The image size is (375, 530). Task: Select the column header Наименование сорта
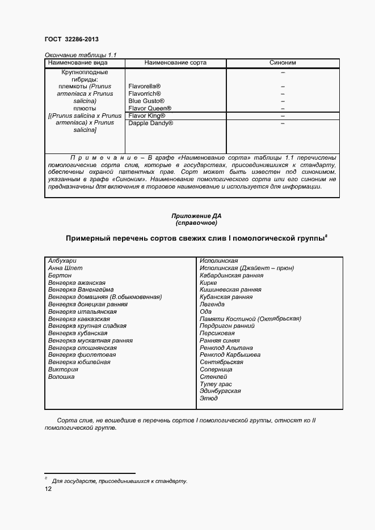click(175, 63)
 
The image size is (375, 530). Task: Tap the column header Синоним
click(283, 63)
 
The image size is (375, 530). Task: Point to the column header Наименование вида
click(85, 63)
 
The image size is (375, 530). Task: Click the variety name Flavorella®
click(145, 86)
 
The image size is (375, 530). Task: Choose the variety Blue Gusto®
click(146, 101)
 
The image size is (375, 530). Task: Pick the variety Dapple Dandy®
click(151, 123)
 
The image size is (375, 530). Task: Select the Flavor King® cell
click(147, 116)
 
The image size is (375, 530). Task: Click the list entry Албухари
click(62, 260)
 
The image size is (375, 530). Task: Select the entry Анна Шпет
click(65, 268)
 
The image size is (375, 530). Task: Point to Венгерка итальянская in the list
click(82, 311)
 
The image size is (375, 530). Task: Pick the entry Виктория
click(63, 369)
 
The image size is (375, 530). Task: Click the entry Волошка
click(61, 377)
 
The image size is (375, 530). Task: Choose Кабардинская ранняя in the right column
click(231, 275)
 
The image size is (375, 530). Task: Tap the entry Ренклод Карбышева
click(230, 355)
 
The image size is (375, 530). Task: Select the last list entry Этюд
click(208, 399)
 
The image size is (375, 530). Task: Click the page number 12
click(48, 490)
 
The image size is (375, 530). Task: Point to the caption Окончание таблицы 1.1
click(80, 54)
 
